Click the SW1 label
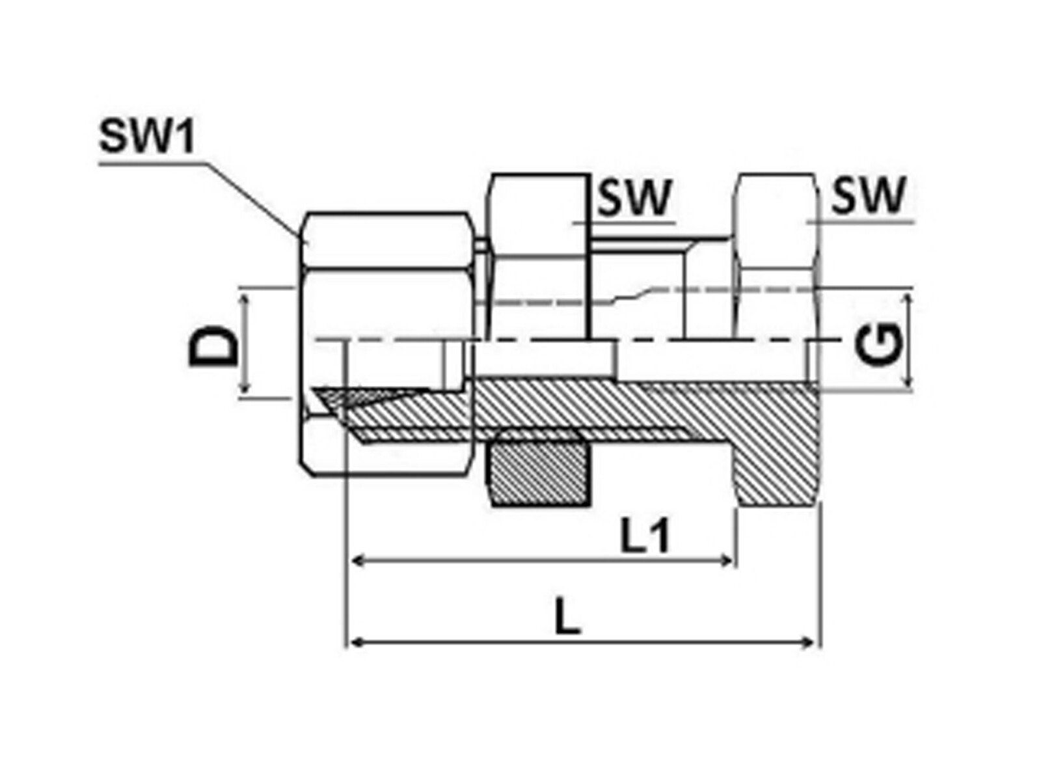[x=147, y=137]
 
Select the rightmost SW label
[x=869, y=195]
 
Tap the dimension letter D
[x=213, y=346]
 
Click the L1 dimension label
[x=645, y=538]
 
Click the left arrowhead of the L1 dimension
[x=357, y=560]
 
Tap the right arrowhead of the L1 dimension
[x=729, y=560]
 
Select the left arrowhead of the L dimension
[x=354, y=643]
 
